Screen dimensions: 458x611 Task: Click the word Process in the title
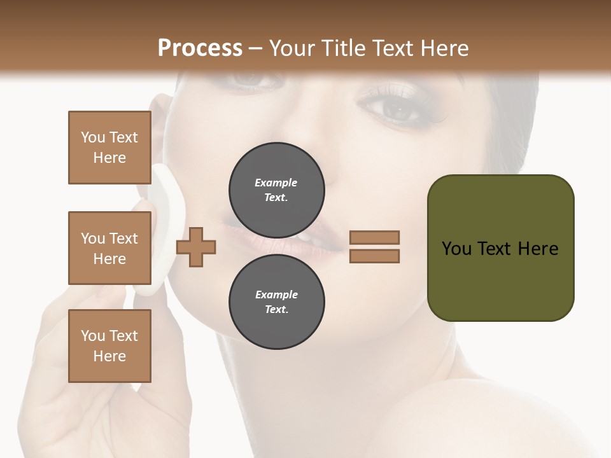200,48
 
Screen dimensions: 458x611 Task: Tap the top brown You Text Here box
109,148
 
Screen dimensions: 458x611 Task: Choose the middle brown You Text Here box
109,248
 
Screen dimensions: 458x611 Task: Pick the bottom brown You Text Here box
109,346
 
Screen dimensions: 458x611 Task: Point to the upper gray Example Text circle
276,190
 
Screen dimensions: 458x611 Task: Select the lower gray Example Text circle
276,302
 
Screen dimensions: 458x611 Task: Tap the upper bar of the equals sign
374,237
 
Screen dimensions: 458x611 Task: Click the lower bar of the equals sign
374,256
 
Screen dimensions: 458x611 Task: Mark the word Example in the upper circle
276,183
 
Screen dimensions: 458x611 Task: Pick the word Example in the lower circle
276,295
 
